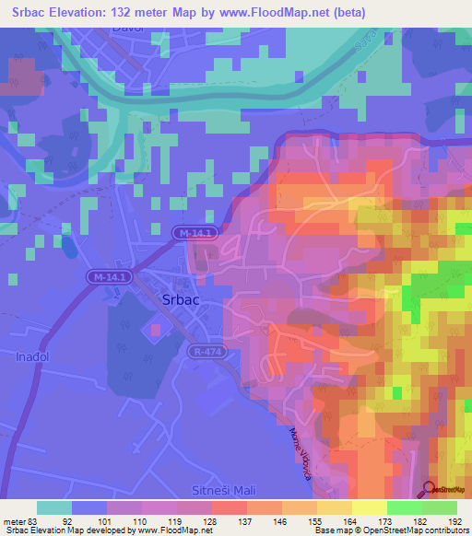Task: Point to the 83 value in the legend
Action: click(33, 520)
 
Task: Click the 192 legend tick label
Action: click(455, 520)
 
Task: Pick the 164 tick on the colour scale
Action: click(351, 520)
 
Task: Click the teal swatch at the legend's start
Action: click(54, 507)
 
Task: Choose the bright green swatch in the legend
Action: click(404, 507)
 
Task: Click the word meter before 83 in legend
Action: click(14, 520)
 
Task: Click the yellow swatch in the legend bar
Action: click(369, 507)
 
